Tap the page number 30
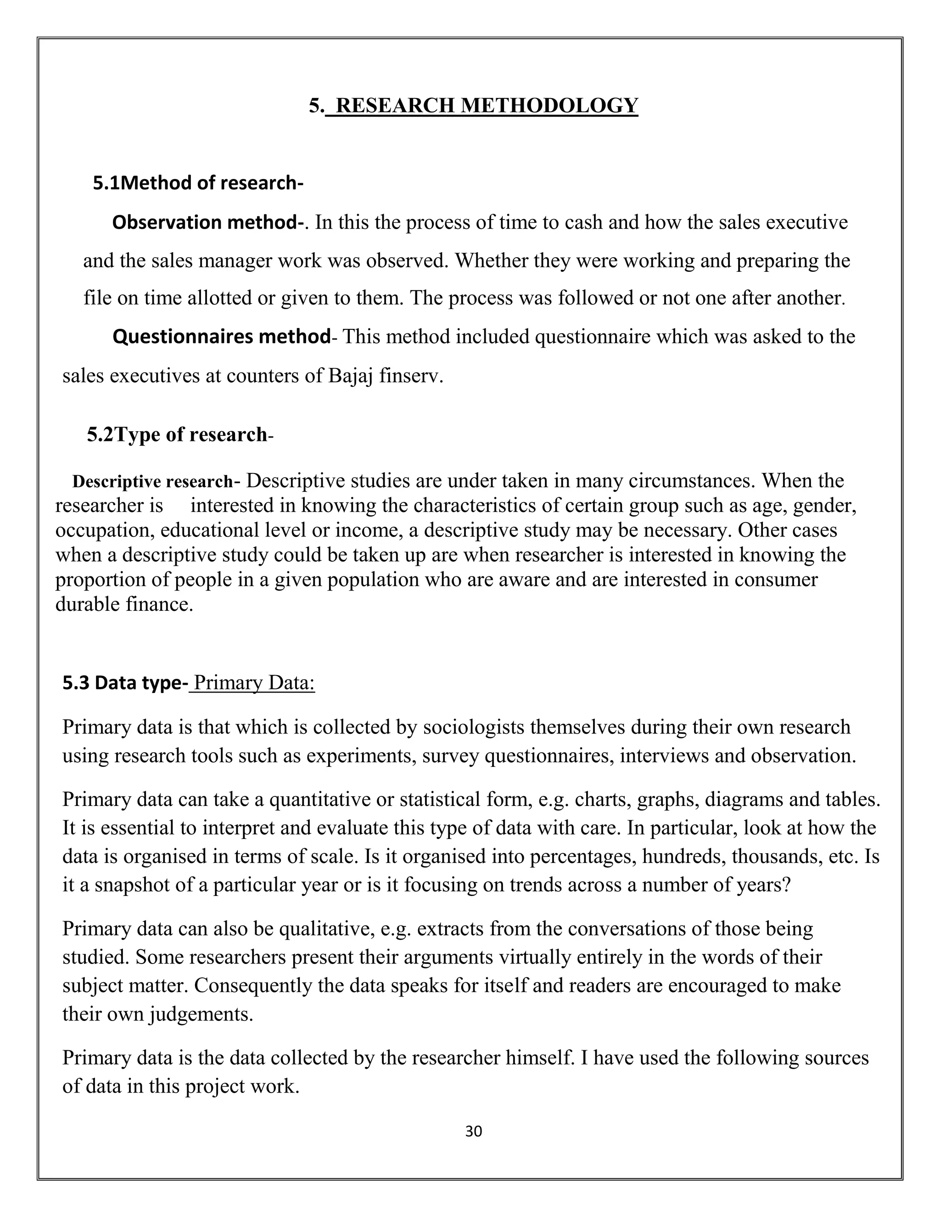[x=473, y=1131]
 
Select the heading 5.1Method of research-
[x=198, y=183]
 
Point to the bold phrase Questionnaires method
[x=221, y=337]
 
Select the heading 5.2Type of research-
[x=180, y=434]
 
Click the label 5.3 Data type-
[x=125, y=683]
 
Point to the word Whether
[x=491, y=261]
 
